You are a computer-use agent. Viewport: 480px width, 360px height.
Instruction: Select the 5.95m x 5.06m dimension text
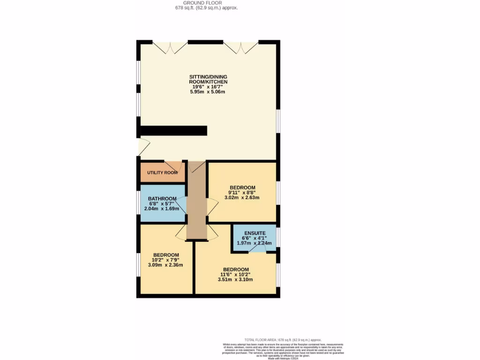[208, 91]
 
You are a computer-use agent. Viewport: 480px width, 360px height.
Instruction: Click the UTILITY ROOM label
[162, 172]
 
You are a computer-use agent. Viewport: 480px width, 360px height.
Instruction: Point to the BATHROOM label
[162, 198]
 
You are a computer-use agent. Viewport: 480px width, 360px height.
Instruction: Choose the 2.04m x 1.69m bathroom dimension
[162, 209]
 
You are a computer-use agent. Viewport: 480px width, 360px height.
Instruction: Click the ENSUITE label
[254, 233]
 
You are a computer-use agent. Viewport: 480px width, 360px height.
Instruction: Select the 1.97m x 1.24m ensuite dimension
[254, 243]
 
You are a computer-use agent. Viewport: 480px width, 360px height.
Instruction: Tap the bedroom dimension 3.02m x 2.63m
[242, 198]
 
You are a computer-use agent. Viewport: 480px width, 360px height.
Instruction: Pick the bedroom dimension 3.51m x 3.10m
[235, 280]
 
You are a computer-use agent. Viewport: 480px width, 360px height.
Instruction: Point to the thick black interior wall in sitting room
[173, 131]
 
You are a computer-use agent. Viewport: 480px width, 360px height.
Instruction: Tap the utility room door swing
[176, 166]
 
